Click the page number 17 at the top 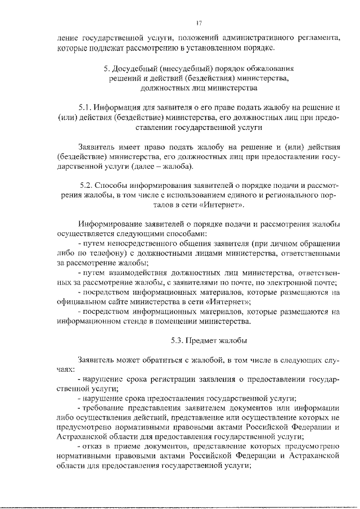point(199,22)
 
